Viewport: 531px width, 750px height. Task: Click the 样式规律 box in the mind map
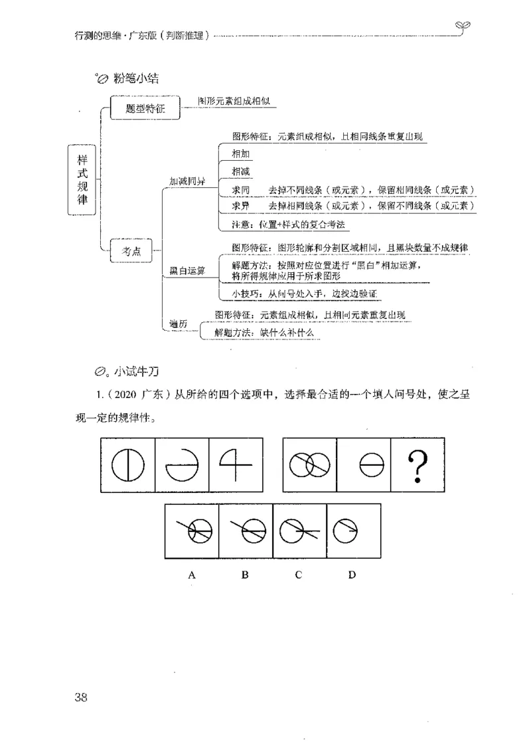click(83, 180)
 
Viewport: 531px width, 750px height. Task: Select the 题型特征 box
click(145, 108)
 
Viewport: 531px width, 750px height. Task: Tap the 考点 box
click(129, 251)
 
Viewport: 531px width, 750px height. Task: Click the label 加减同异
click(187, 181)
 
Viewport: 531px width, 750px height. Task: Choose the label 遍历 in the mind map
click(178, 323)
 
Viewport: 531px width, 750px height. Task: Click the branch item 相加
click(241, 153)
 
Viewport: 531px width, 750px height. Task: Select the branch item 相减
click(241, 171)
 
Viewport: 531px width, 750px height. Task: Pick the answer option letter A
click(192, 575)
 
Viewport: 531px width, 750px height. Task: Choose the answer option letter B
click(245, 575)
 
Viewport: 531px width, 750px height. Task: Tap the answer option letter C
click(299, 575)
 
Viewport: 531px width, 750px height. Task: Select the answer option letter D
click(352, 575)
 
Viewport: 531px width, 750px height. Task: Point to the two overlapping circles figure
click(310, 466)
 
